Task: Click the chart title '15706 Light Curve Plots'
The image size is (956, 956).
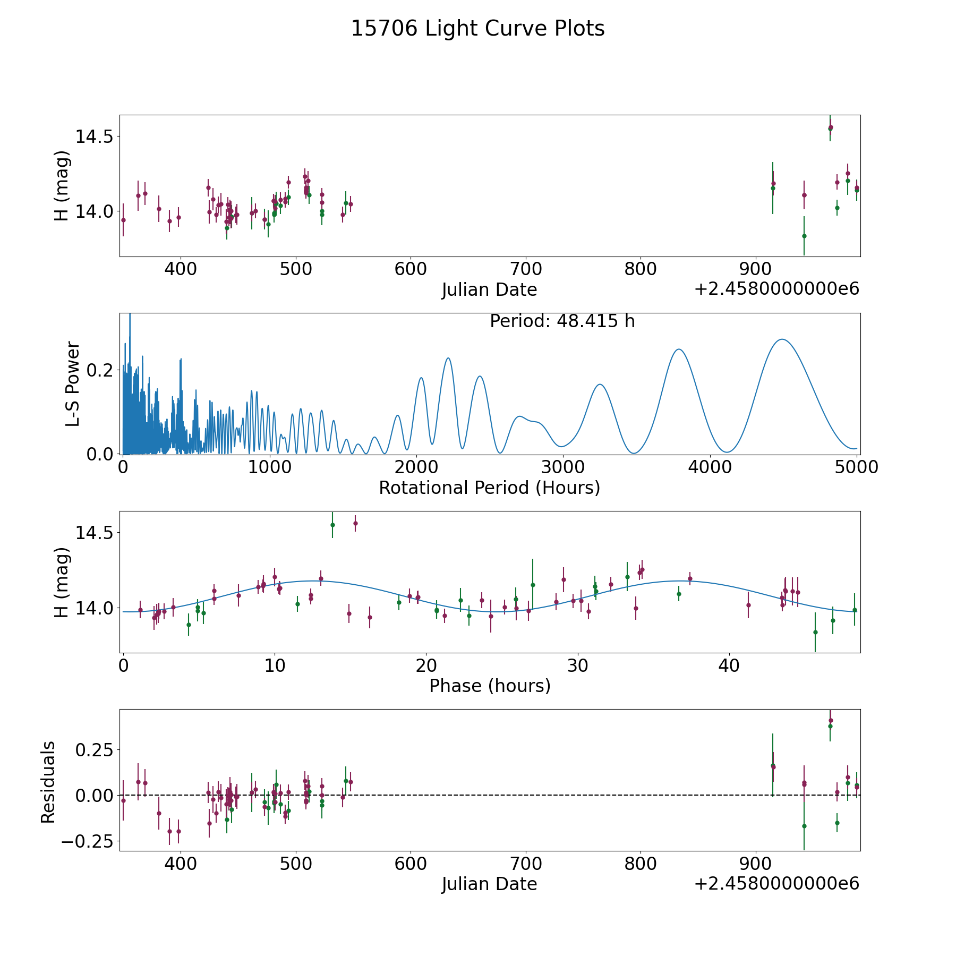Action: click(x=477, y=29)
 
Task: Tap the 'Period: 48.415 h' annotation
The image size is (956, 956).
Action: click(x=562, y=321)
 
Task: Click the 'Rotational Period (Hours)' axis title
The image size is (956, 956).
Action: click(x=489, y=488)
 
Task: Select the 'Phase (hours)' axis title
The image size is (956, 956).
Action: click(x=490, y=686)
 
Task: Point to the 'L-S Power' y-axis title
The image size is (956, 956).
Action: click(x=73, y=383)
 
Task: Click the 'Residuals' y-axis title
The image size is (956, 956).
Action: click(x=48, y=782)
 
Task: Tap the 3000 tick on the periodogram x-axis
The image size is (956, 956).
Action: click(x=562, y=467)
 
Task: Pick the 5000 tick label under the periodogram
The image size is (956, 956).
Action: click(x=856, y=467)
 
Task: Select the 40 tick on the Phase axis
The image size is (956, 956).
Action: click(x=729, y=665)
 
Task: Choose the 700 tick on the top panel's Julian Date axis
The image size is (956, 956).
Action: click(x=525, y=269)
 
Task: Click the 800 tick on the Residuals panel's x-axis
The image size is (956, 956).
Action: click(x=641, y=863)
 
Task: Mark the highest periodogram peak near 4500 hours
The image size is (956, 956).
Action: click(x=782, y=339)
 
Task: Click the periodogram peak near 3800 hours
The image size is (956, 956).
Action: click(x=678, y=349)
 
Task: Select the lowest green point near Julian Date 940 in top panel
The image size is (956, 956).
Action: click(x=804, y=236)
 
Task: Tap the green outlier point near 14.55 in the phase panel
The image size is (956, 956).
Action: click(x=332, y=525)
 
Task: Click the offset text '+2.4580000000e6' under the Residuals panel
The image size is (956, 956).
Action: click(x=776, y=884)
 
